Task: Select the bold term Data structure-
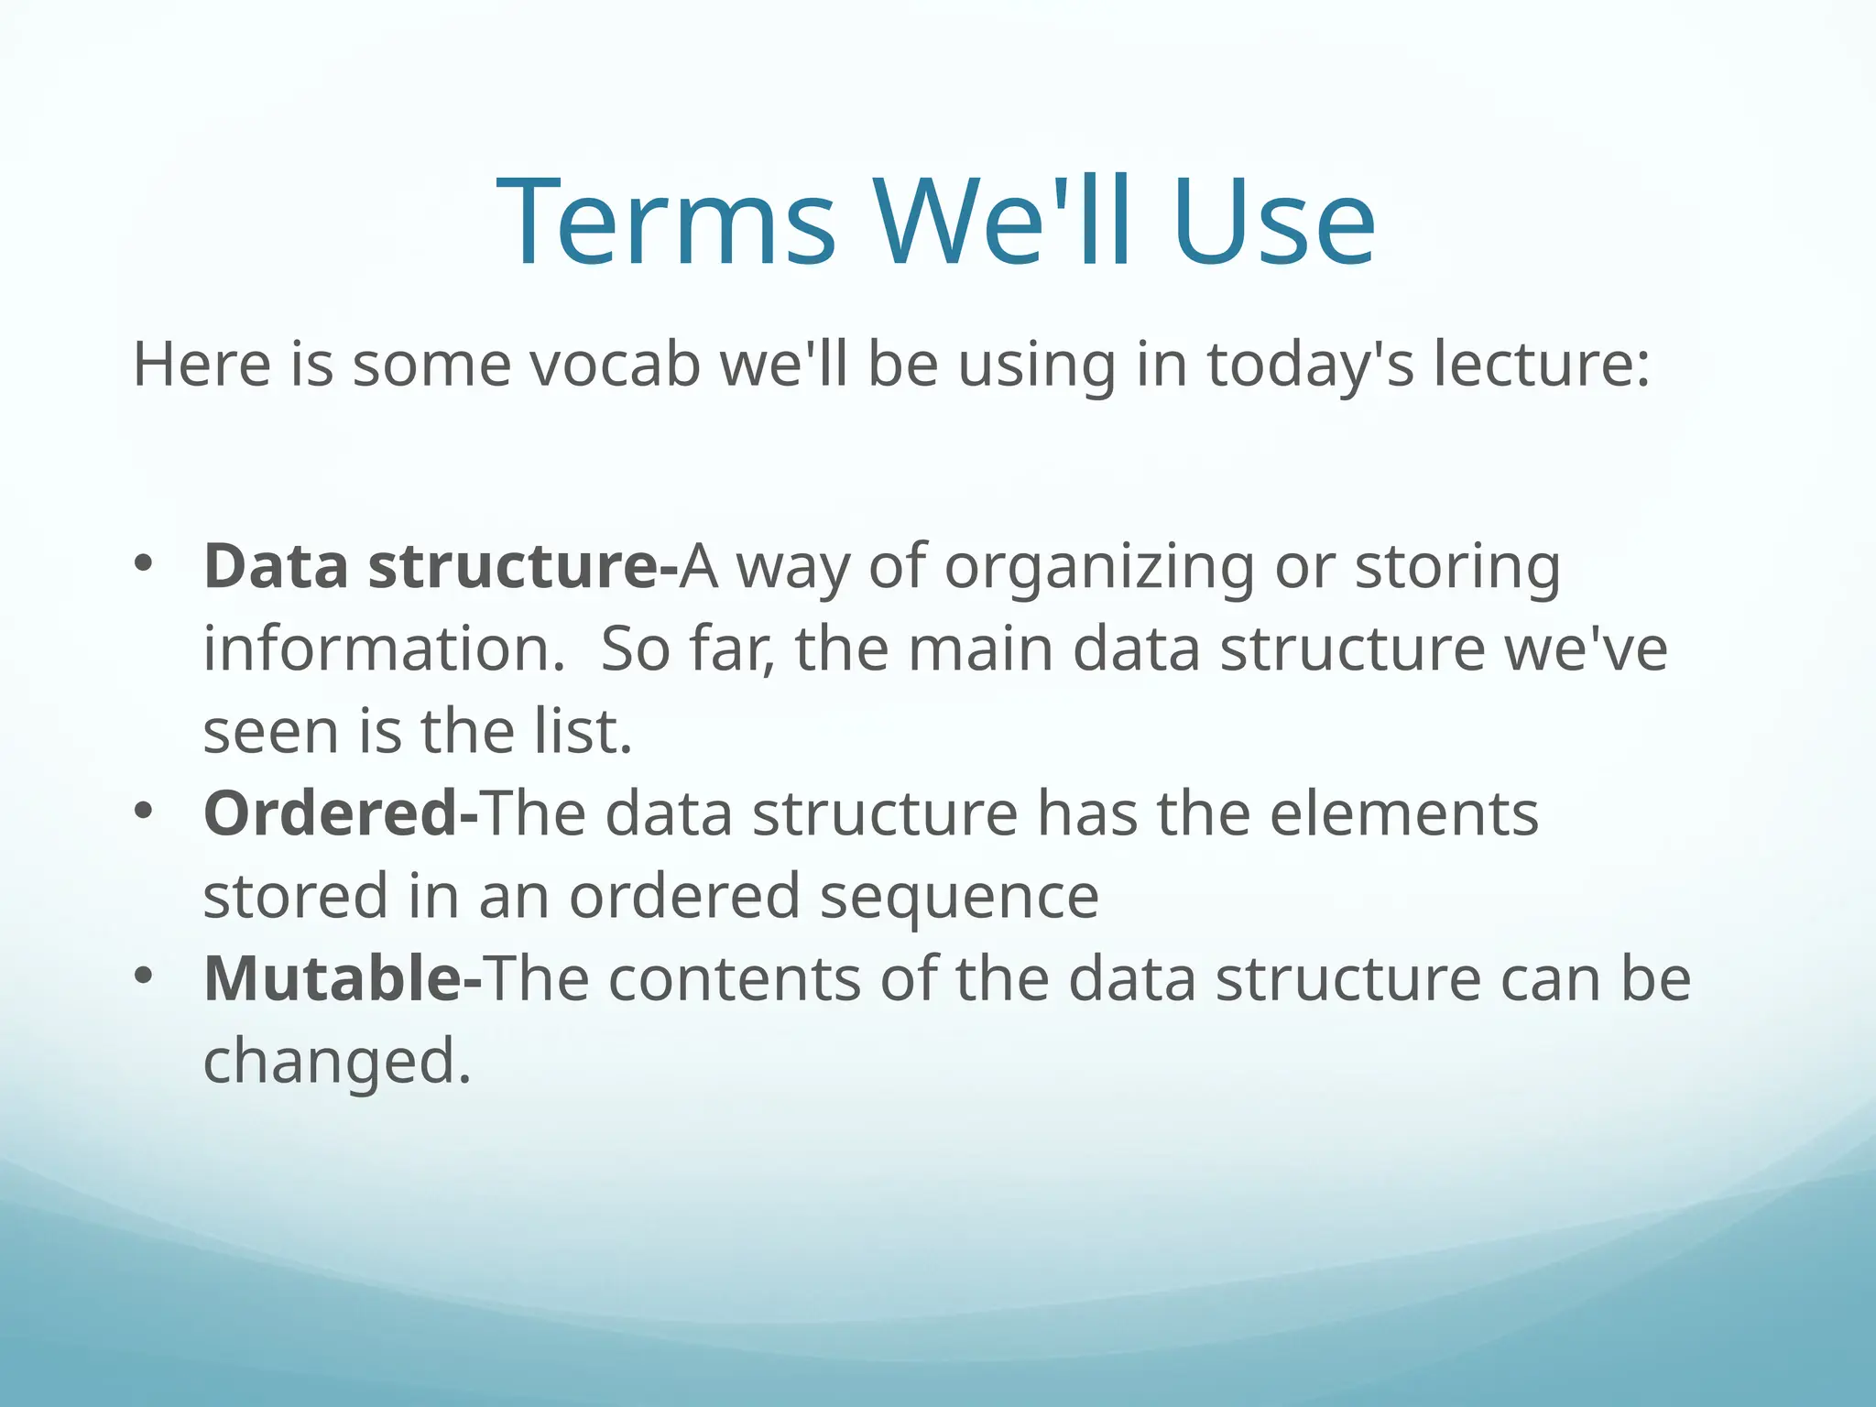440,567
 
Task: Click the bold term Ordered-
340,813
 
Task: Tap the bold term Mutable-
342,978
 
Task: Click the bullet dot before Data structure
142,563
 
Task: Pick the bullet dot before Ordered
142,811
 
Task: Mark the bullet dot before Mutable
142,976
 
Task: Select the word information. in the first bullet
384,649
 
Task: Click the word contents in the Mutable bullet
734,978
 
